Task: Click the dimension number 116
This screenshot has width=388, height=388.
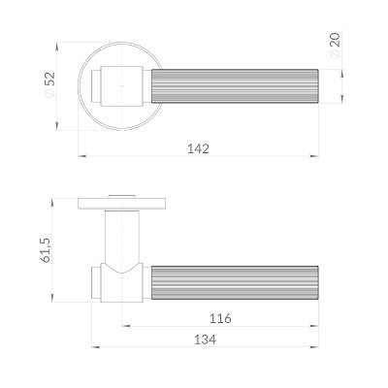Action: (222, 317)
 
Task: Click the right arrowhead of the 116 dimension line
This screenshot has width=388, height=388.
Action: (315, 325)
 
